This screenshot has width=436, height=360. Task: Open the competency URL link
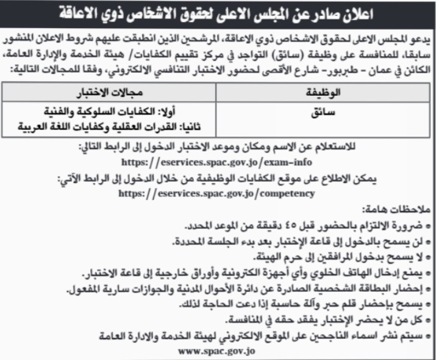218,193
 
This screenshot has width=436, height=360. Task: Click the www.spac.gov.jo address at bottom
218,351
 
